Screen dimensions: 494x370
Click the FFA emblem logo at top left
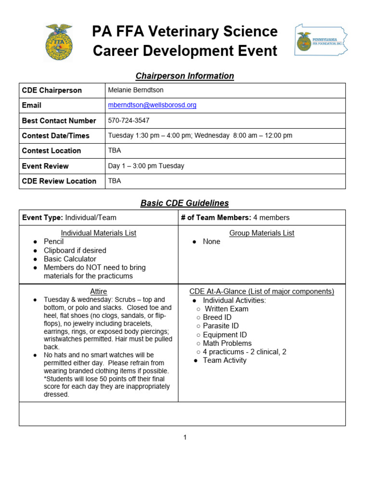pyautogui.click(x=58, y=42)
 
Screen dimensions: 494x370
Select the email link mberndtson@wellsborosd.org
pyautogui.click(x=152, y=105)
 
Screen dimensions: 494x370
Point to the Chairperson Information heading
pyautogui.click(x=185, y=76)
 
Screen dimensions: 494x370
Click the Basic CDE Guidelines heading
pyautogui.click(x=185, y=203)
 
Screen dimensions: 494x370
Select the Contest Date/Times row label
pyautogui.click(x=55, y=136)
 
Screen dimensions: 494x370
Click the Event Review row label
pyautogui.click(x=45, y=166)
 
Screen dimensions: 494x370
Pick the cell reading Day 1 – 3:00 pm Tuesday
pyautogui.click(x=146, y=166)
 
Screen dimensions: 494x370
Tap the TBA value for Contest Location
pyautogui.click(x=115, y=151)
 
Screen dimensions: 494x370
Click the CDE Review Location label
pyautogui.click(x=59, y=181)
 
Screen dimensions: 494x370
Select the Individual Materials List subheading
pyautogui.click(x=98, y=233)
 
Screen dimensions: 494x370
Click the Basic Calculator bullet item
pyautogui.click(x=70, y=259)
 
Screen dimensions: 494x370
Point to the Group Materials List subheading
pyautogui.click(x=262, y=233)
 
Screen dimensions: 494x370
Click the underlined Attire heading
pyautogui.click(x=98, y=291)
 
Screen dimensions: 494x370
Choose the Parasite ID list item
pyautogui.click(x=220, y=326)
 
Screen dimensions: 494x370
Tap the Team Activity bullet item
pyautogui.click(x=225, y=360)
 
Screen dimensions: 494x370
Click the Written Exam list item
pyautogui.click(x=226, y=309)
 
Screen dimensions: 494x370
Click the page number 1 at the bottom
pyautogui.click(x=185, y=438)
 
